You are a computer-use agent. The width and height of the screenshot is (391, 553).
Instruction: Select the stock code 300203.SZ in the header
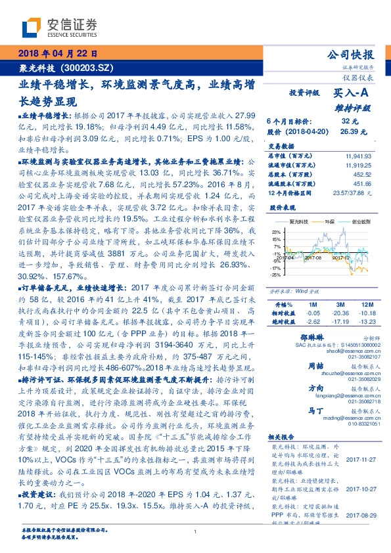(93, 68)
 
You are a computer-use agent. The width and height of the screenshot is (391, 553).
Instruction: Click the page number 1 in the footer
(195, 531)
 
